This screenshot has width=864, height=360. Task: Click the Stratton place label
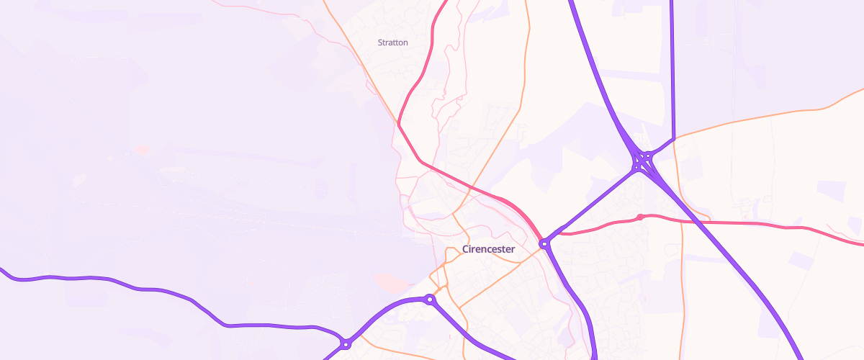click(393, 42)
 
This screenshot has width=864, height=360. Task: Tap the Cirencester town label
click(488, 250)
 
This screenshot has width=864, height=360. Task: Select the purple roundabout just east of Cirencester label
click(545, 244)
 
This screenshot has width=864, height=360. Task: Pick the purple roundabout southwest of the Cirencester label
click(430, 299)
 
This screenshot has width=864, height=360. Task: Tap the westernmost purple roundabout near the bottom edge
click(346, 344)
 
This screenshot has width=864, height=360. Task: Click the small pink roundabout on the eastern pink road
click(639, 217)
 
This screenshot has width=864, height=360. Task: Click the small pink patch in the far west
click(143, 150)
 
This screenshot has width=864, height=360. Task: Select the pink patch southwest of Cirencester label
click(390, 281)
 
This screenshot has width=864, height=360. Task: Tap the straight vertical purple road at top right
click(672, 65)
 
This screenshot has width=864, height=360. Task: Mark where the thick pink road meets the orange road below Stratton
click(399, 125)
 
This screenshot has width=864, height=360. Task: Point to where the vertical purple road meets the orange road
click(672, 138)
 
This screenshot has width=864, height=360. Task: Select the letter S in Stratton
click(380, 42)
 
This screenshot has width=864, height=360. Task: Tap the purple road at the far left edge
click(3, 271)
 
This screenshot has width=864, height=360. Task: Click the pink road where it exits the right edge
click(860, 243)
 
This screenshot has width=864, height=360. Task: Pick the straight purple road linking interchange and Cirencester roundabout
click(590, 204)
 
